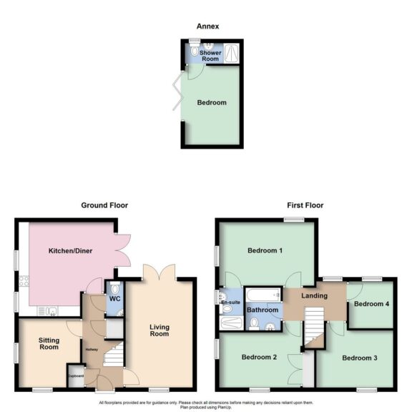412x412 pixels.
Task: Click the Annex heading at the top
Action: (208, 26)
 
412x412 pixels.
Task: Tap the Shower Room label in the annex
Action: (210, 56)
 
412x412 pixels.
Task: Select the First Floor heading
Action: (305, 205)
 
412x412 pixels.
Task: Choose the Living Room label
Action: (159, 330)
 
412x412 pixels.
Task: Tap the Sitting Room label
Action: (49, 344)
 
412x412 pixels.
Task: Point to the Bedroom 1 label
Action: (265, 250)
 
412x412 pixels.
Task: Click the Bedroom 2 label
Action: (258, 357)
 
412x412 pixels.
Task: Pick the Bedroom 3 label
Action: (358, 358)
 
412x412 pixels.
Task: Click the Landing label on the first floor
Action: (315, 295)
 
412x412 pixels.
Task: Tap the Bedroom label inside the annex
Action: (212, 103)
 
